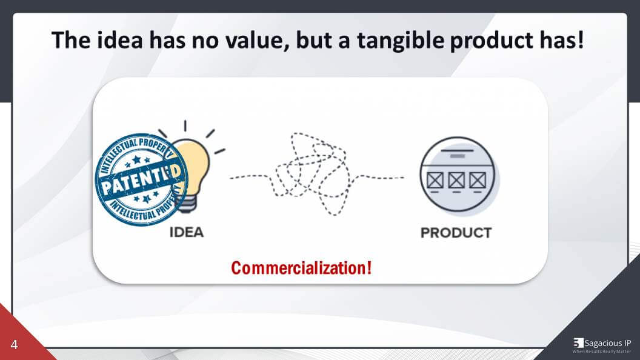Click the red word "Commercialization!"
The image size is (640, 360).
(301, 267)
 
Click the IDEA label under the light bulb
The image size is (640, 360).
(186, 233)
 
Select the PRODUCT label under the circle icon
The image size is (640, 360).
(456, 233)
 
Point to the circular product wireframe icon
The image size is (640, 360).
(458, 176)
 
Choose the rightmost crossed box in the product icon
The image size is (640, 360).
(478, 180)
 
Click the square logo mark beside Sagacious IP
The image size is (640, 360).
(578, 343)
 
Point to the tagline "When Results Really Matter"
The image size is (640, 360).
(602, 352)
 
